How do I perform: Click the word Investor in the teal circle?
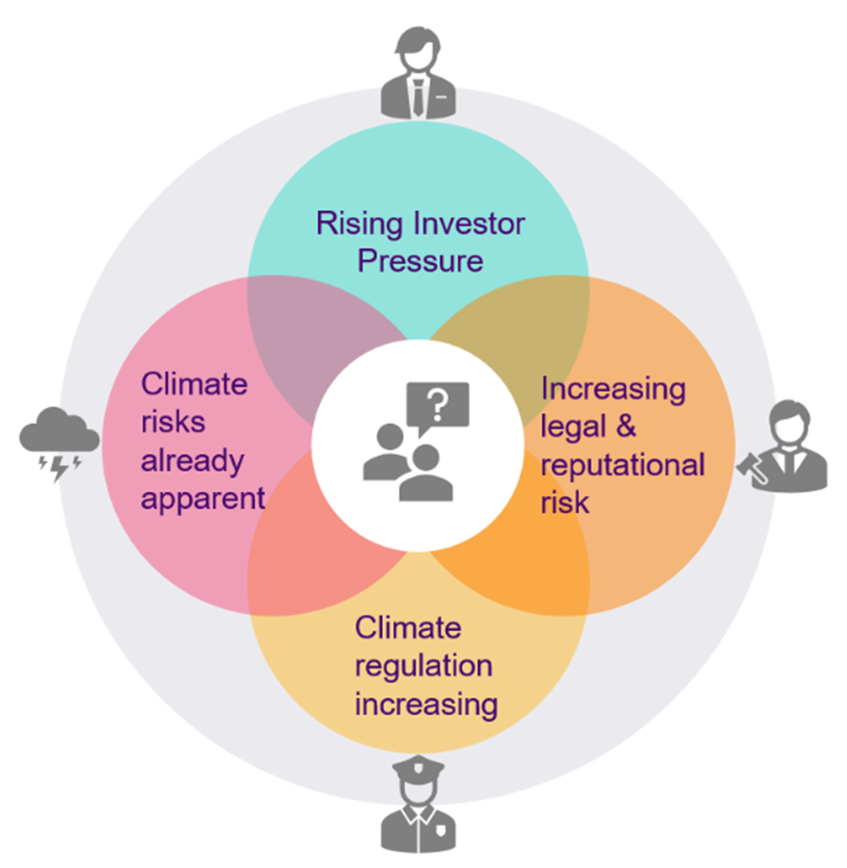(468, 224)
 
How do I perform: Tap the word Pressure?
(420, 260)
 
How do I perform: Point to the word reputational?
(622, 464)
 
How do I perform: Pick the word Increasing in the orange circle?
(614, 388)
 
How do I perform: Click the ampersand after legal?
(626, 426)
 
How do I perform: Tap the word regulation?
(423, 666)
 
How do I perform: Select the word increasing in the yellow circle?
(424, 703)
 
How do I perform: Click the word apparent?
(202, 497)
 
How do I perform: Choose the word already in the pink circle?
(192, 460)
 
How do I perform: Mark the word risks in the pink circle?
(172, 423)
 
